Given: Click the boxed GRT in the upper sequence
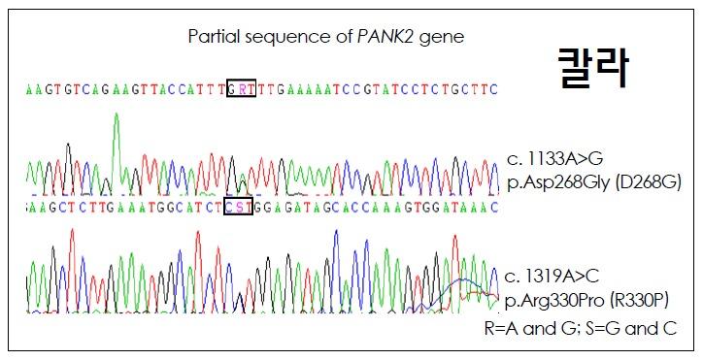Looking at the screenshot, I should tap(240, 88).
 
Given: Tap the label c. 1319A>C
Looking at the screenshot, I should tap(550, 275).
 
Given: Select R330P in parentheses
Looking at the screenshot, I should tap(653, 295).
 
